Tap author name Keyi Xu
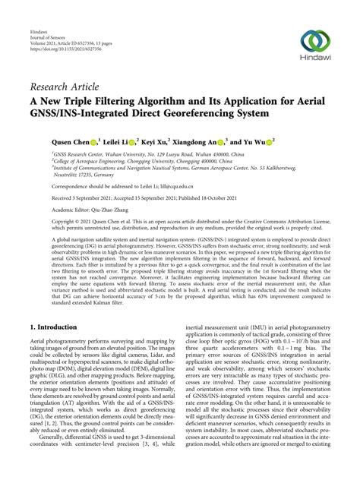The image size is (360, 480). click(x=183, y=141)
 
